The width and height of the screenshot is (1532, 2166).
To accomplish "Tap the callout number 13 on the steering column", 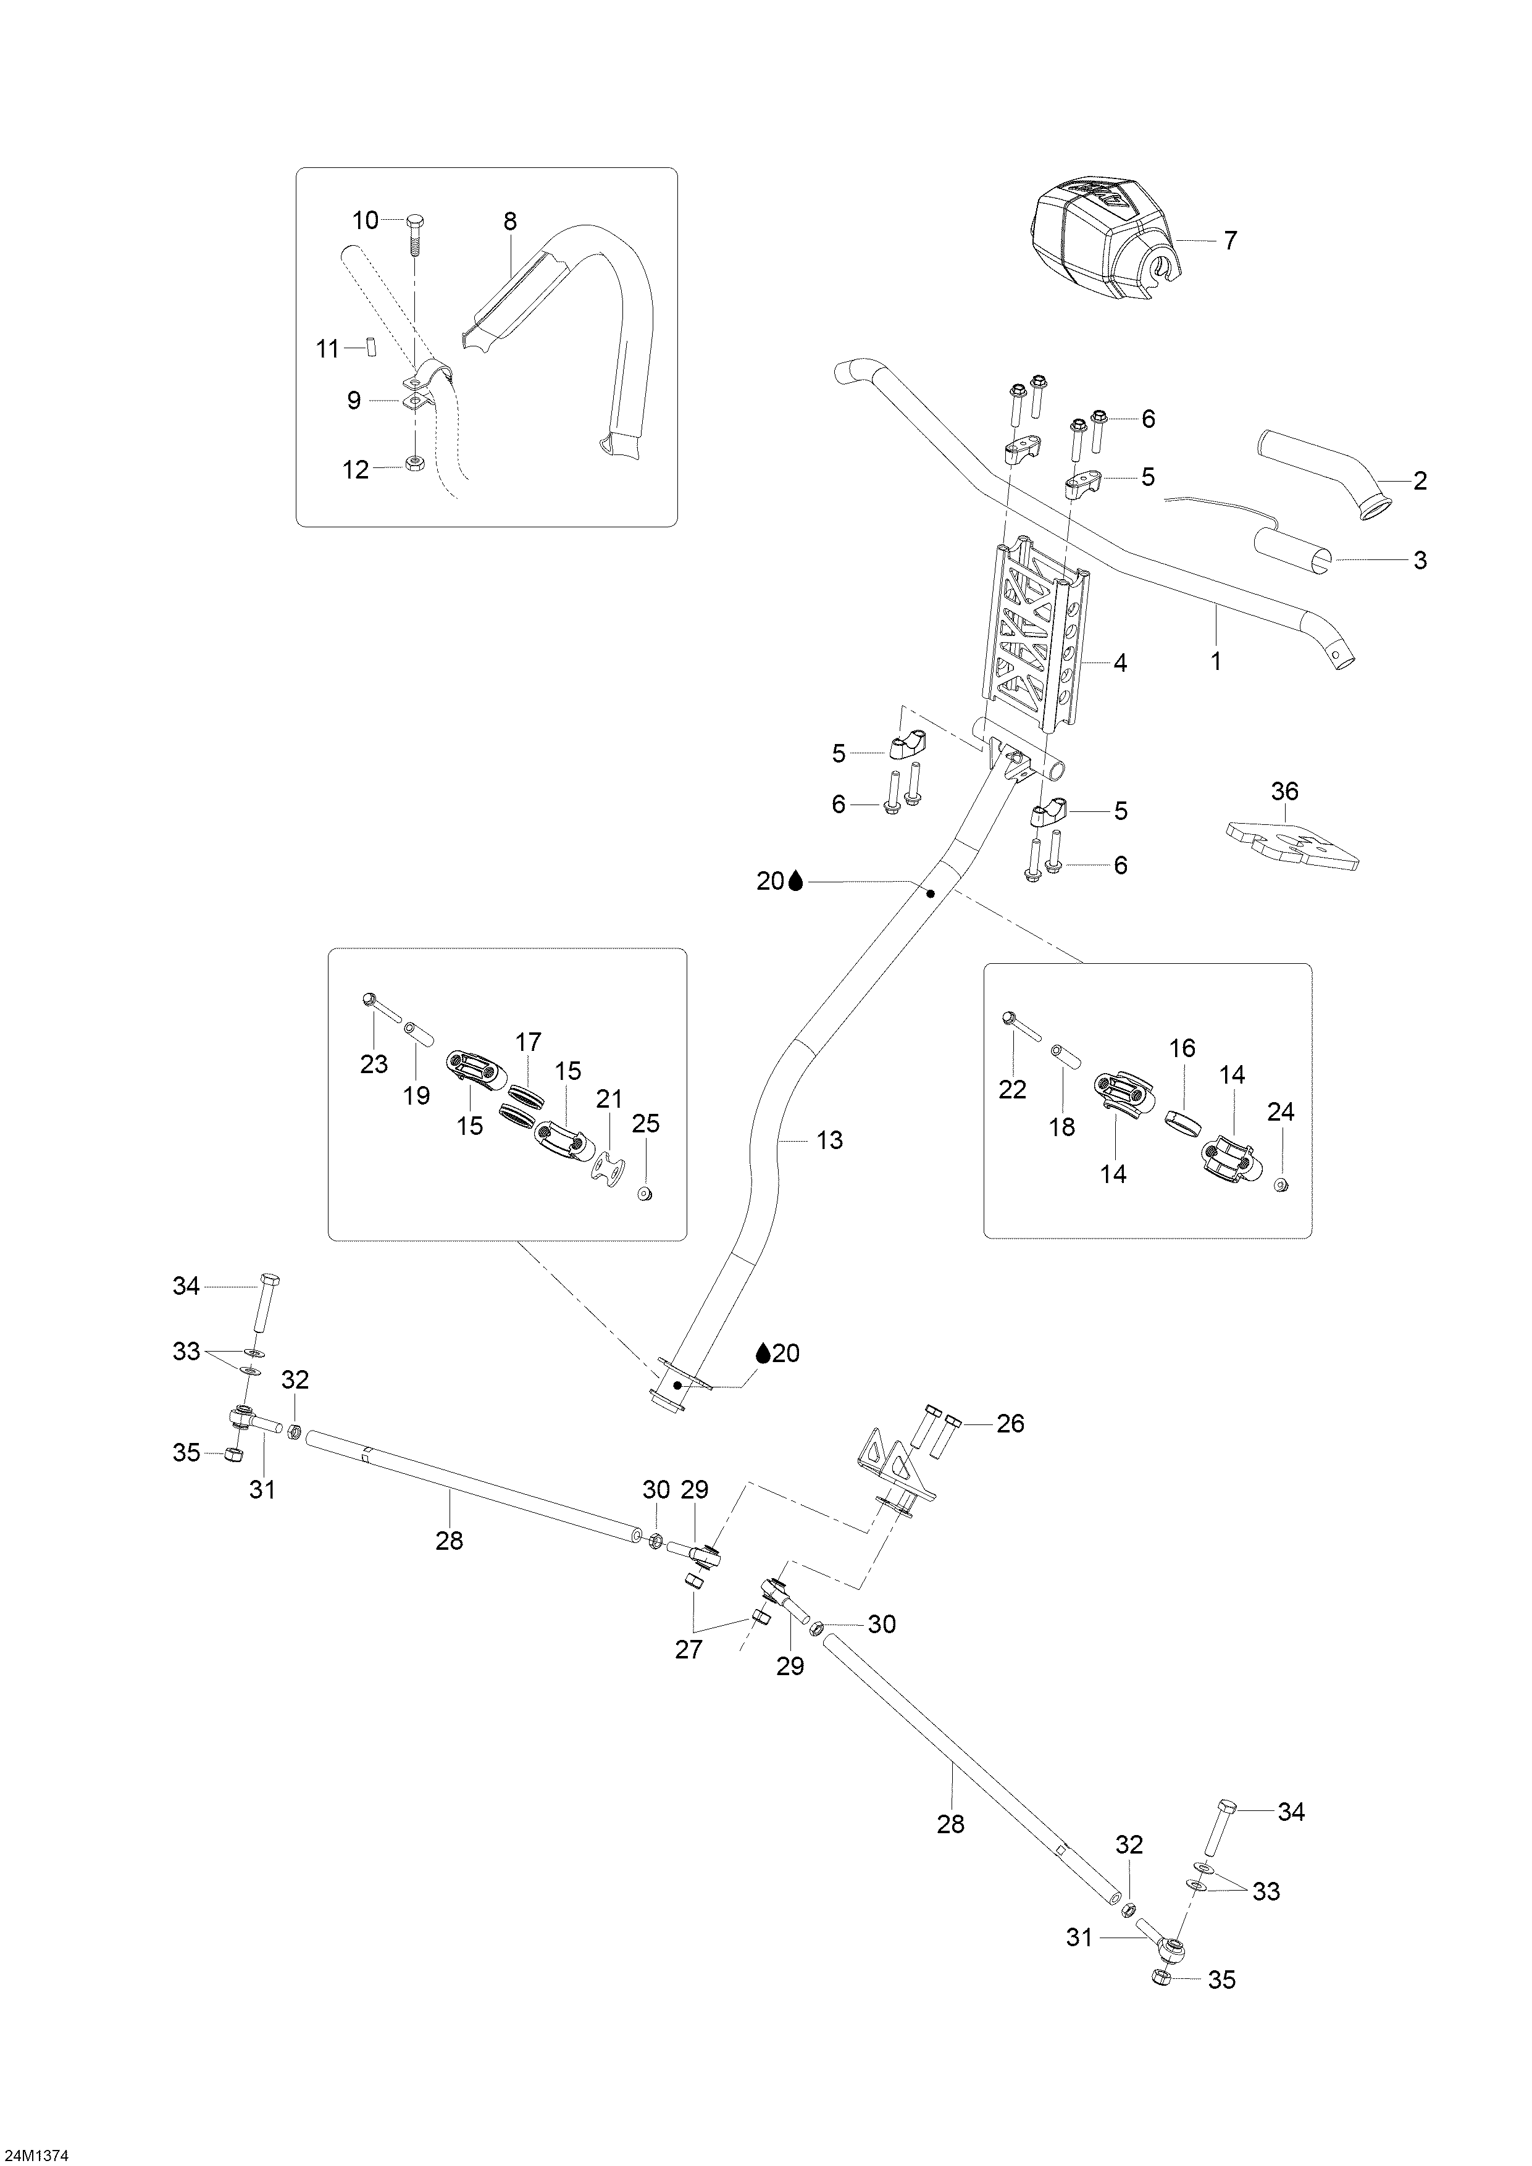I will tap(829, 1140).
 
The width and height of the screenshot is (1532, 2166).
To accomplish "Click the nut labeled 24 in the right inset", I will tap(1280, 1185).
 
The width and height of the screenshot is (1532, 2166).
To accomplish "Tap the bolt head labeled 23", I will tap(369, 998).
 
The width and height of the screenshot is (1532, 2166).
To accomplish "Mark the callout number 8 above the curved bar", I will tap(509, 222).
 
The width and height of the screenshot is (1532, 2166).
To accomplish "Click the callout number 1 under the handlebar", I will tap(1216, 663).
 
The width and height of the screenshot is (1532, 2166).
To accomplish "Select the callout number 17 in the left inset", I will tap(529, 1042).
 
